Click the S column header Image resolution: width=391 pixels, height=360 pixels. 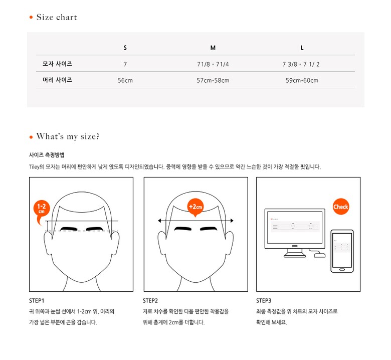(x=125, y=48)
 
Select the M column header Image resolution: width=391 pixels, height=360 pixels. (x=213, y=48)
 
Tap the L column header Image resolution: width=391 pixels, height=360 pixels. (x=302, y=48)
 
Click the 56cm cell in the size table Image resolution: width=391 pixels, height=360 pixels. (x=125, y=80)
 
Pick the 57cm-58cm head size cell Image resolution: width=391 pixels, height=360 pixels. (x=213, y=80)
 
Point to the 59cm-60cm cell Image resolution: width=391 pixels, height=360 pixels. (x=302, y=80)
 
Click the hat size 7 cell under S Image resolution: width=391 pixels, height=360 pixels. (x=125, y=64)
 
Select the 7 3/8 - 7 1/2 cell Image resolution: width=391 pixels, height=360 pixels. (x=301, y=64)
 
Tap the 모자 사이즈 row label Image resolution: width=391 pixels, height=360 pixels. (x=57, y=64)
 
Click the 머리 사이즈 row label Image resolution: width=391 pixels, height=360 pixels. (x=57, y=80)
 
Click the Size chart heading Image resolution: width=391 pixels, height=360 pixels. (x=57, y=17)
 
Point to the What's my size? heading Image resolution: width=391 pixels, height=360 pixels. (x=68, y=136)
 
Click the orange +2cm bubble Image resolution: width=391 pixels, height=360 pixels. (x=195, y=207)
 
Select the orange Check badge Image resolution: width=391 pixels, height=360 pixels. (x=341, y=207)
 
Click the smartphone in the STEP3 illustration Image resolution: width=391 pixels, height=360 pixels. (x=342, y=251)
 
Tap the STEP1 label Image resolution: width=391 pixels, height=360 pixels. (x=37, y=301)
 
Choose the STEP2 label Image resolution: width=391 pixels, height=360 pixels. (x=150, y=301)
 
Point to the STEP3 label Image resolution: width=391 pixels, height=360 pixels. (x=264, y=301)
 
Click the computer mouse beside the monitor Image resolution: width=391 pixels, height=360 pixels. (x=320, y=255)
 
